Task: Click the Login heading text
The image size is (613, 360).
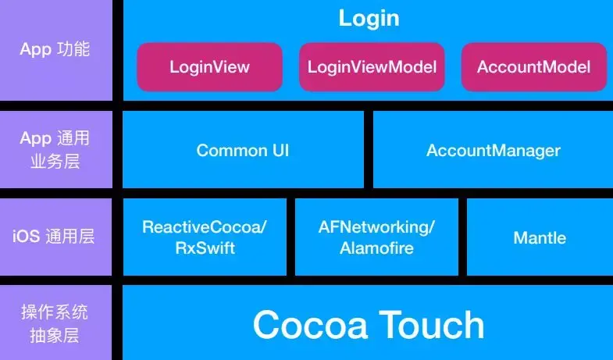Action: pyautogui.click(x=369, y=18)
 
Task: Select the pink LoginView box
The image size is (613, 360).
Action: pyautogui.click(x=209, y=66)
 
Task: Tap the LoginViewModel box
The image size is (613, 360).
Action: pyautogui.click(x=371, y=66)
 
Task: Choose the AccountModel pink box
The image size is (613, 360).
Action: pyautogui.click(x=533, y=66)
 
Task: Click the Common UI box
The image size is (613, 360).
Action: pyautogui.click(x=243, y=150)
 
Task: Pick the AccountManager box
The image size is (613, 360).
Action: pyautogui.click(x=493, y=150)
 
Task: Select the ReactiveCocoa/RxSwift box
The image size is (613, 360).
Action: pyautogui.click(x=205, y=237)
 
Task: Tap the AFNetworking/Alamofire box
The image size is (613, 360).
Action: pyautogui.click(x=376, y=237)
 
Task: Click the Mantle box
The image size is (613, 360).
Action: pyautogui.click(x=540, y=237)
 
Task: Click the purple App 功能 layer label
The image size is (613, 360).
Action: pyautogui.click(x=55, y=49)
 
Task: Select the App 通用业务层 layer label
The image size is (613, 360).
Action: pyautogui.click(x=55, y=149)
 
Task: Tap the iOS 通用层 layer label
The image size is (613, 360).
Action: pyautogui.click(x=55, y=236)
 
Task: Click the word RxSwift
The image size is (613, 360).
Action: pyautogui.click(x=205, y=248)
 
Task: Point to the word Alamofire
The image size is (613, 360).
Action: pyautogui.click(x=376, y=248)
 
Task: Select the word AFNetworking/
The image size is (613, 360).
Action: pyautogui.click(x=376, y=227)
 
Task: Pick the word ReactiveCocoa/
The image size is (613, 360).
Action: pyautogui.click(x=205, y=227)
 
